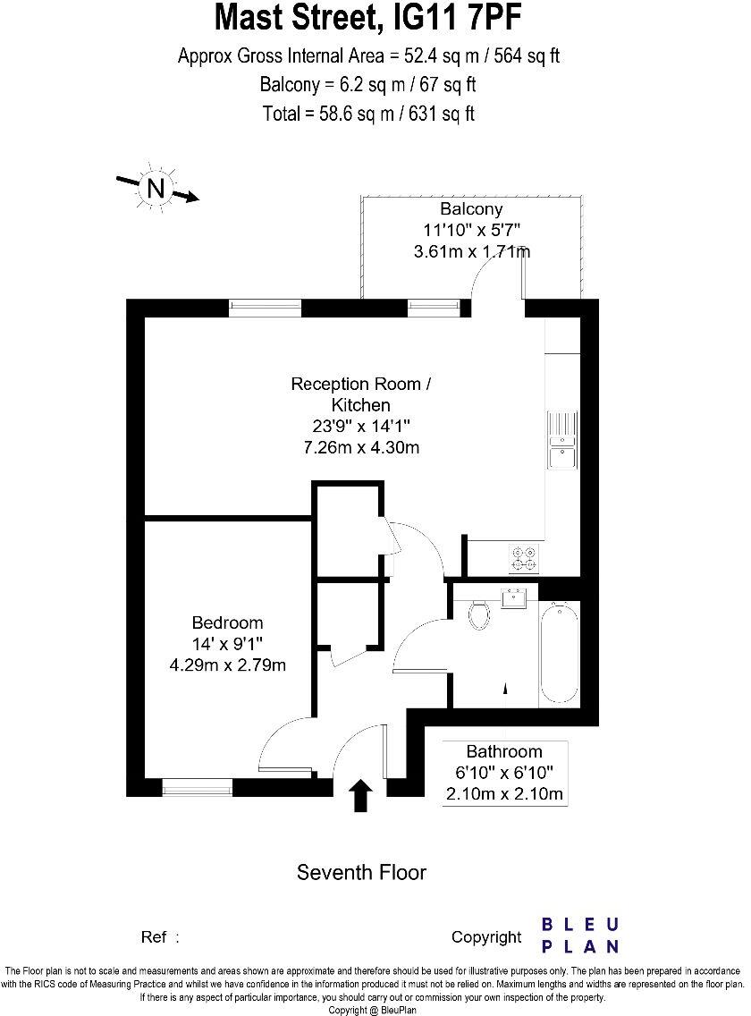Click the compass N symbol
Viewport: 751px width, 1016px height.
tap(157, 188)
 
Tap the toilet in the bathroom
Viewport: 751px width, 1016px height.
tap(480, 614)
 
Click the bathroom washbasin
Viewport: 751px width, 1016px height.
tap(515, 598)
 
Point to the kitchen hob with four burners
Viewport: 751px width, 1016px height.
tap(523, 558)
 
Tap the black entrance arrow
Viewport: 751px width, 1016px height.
tap(360, 795)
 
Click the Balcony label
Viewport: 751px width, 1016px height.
tap(471, 210)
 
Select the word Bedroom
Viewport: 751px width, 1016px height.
tap(228, 622)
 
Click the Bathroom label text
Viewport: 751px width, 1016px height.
tap(504, 751)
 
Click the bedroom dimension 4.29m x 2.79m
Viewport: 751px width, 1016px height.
tap(227, 665)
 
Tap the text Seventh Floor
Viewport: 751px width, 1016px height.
tap(361, 872)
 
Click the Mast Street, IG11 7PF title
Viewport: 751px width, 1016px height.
tap(368, 18)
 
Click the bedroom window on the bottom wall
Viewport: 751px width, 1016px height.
tap(197, 787)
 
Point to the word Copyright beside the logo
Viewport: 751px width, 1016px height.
tap(485, 937)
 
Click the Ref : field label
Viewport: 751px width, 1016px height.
tap(160, 937)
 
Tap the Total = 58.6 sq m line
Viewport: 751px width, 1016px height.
tap(368, 114)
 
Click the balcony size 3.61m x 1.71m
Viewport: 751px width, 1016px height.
tap(471, 251)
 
